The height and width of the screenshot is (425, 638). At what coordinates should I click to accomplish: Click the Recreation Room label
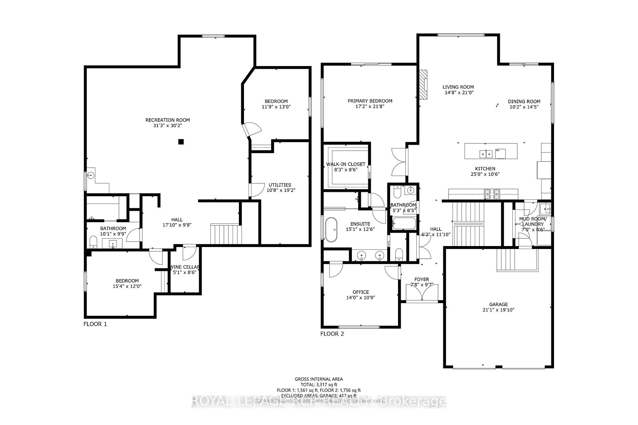167,120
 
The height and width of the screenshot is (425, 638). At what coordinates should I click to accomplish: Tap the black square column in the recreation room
181,142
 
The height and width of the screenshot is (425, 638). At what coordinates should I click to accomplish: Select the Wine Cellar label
185,267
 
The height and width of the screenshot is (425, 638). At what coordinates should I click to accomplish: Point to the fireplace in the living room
423,84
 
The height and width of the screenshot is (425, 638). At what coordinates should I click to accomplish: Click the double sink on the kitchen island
485,154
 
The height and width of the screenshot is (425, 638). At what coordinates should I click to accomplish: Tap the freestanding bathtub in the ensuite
331,229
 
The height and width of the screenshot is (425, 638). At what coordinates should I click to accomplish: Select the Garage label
498,304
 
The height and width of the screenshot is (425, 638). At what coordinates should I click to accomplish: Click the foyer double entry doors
422,292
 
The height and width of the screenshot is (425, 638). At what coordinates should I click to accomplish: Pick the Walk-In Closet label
346,164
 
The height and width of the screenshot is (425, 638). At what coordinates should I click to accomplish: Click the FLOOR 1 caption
95,324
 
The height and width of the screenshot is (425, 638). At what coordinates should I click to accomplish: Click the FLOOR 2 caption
332,334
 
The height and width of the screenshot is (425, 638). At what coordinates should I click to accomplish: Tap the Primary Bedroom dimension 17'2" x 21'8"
370,107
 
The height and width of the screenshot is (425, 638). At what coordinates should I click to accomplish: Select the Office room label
361,292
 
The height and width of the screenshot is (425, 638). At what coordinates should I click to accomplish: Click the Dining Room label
524,101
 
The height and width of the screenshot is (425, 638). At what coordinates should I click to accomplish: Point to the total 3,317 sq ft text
319,384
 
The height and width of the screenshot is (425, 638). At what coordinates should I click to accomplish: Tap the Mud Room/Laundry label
532,221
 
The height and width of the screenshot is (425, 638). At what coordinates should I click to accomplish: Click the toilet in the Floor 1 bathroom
93,242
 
